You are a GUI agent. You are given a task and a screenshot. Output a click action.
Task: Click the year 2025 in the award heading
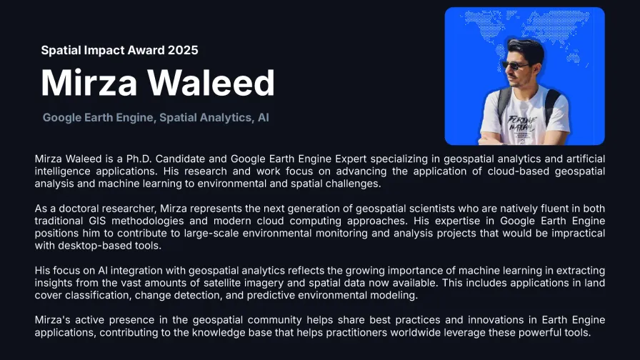pyautogui.click(x=182, y=50)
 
